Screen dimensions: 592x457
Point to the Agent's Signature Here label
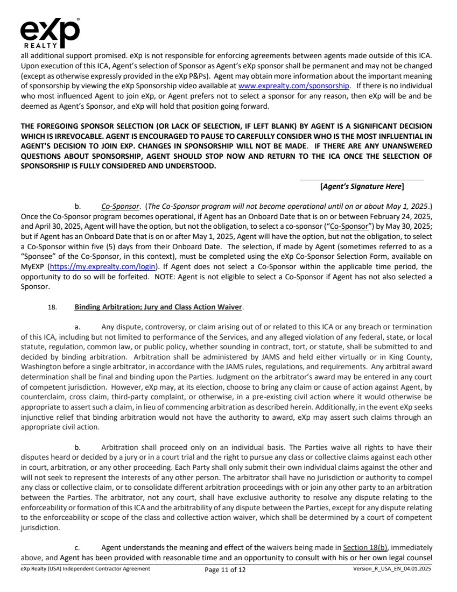362,186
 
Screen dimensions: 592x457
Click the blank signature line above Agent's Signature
362,180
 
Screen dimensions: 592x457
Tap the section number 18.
53,308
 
